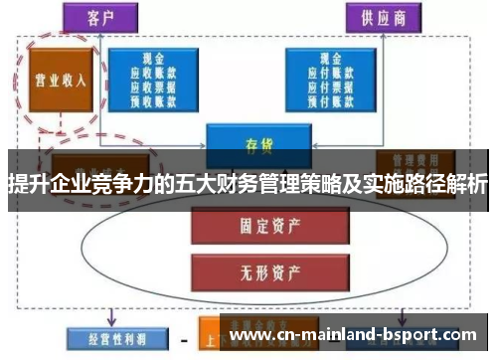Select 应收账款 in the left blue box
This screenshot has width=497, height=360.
[x=155, y=73]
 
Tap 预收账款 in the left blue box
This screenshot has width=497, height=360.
[x=155, y=98]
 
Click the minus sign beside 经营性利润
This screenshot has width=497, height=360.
[x=183, y=339]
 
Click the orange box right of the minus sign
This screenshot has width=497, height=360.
[x=212, y=339]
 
